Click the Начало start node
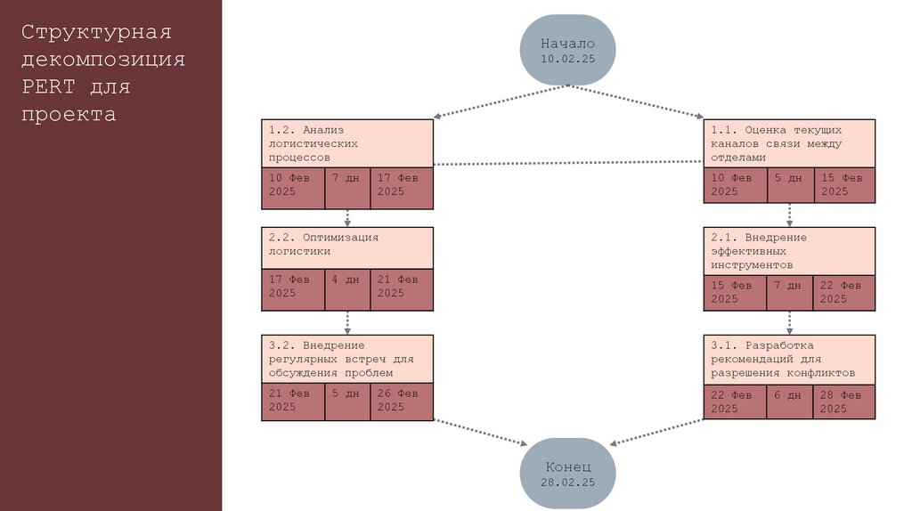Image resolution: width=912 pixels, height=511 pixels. click(x=567, y=49)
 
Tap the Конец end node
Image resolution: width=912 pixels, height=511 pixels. click(x=567, y=473)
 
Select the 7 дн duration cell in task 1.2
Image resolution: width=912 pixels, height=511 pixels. click(x=347, y=185)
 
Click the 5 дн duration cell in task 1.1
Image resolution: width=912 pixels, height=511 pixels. click(x=789, y=185)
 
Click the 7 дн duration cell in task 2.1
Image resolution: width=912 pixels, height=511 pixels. click(x=789, y=293)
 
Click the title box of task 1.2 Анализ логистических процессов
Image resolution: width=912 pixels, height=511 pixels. click(x=347, y=142)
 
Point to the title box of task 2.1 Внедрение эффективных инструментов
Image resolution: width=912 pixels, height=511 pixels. click(x=789, y=251)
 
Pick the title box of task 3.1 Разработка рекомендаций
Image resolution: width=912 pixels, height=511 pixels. click(x=789, y=359)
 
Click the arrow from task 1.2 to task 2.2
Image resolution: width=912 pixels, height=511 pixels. click(x=347, y=217)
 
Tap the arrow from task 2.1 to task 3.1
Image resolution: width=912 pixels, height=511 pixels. click(x=789, y=322)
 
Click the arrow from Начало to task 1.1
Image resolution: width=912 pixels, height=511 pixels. click(x=637, y=101)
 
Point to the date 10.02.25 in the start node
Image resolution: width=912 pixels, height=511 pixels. click(x=567, y=58)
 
